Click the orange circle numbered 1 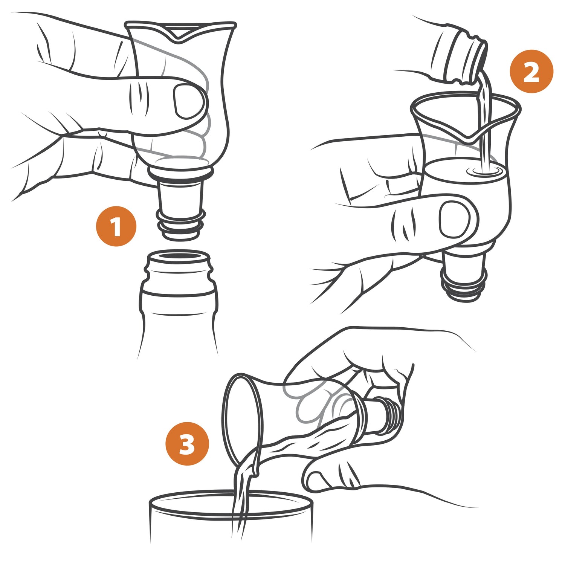pos(116,226)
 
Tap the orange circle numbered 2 pos(531,71)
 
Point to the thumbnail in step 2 pos(455,219)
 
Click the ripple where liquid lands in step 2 pos(484,171)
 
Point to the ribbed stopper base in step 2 pos(464,290)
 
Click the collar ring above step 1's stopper pos(180,170)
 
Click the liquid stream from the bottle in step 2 pos(484,121)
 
